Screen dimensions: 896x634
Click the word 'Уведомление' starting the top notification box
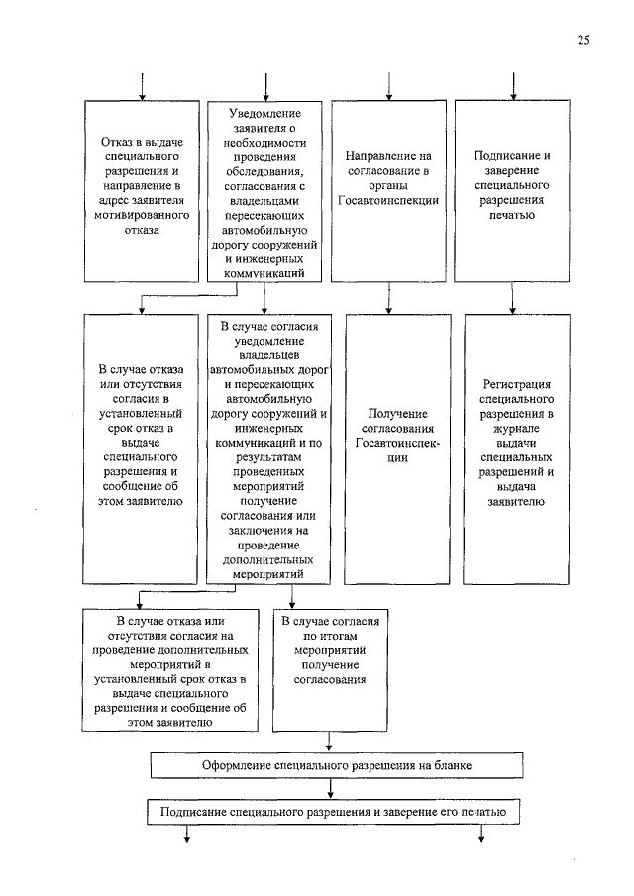(x=264, y=114)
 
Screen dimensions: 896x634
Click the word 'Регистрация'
(x=512, y=384)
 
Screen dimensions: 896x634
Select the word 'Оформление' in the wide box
(x=237, y=766)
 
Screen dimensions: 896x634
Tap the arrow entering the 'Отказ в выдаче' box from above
(x=143, y=86)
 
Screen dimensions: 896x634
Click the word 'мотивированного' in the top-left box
(x=143, y=213)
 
